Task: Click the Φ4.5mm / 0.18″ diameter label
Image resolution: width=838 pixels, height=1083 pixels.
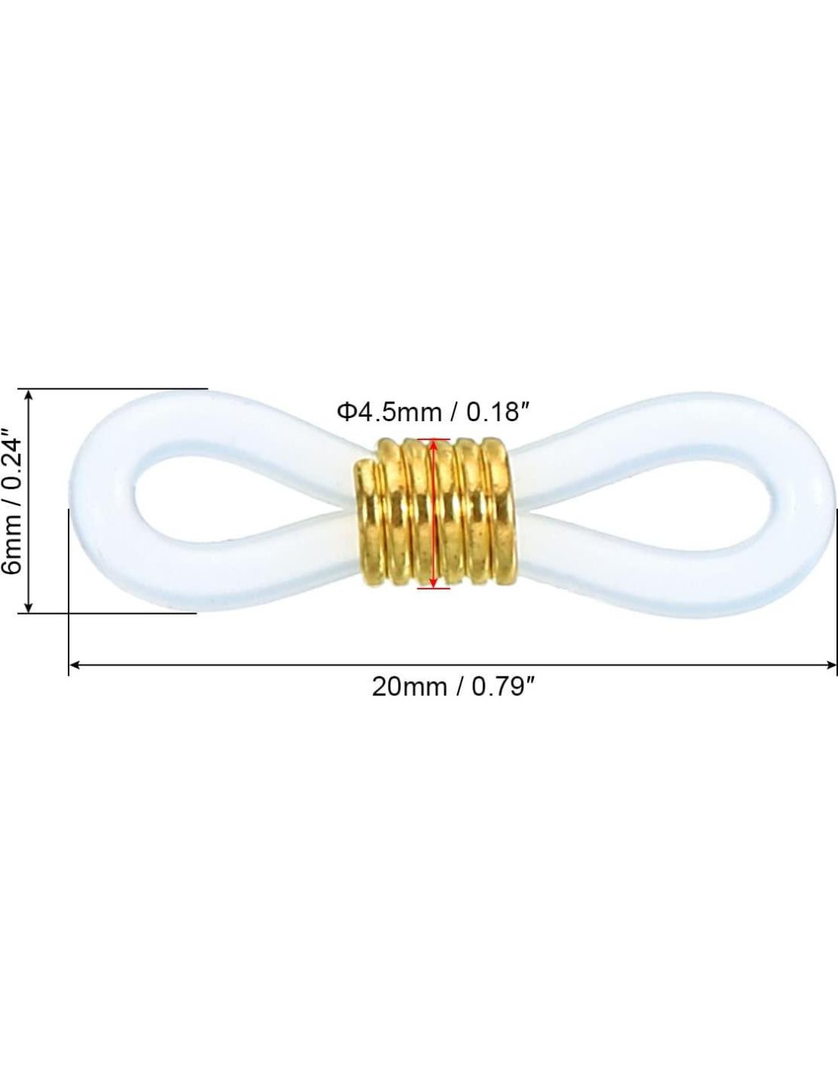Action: click(432, 412)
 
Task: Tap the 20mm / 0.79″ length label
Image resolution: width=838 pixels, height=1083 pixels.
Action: click(453, 688)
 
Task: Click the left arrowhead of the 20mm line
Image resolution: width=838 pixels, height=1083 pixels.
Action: click(75, 664)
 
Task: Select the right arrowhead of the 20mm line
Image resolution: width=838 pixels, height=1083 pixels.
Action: click(831, 664)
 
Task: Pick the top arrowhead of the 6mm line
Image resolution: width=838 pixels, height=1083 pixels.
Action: click(28, 395)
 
